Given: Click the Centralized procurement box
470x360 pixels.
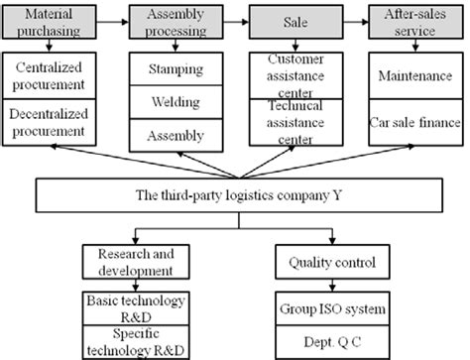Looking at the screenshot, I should (x=54, y=78).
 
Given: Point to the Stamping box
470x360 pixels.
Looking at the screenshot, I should (x=175, y=70).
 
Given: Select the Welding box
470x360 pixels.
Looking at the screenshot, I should (x=175, y=102).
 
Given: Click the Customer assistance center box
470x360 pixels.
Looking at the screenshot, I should (x=294, y=77).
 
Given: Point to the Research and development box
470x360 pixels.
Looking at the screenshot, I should (x=128, y=262).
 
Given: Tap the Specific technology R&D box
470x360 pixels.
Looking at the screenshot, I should (x=128, y=337).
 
